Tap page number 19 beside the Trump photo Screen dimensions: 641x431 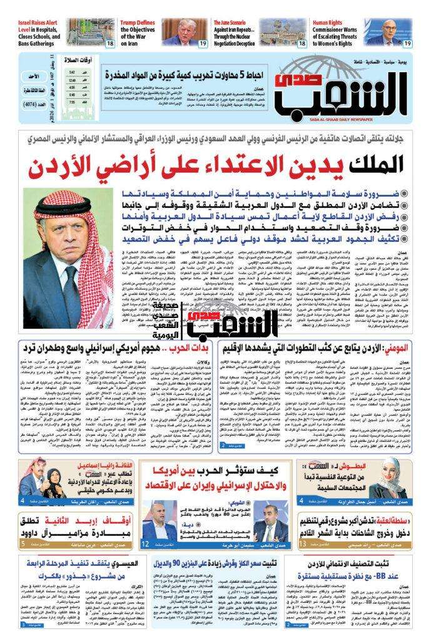203,43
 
